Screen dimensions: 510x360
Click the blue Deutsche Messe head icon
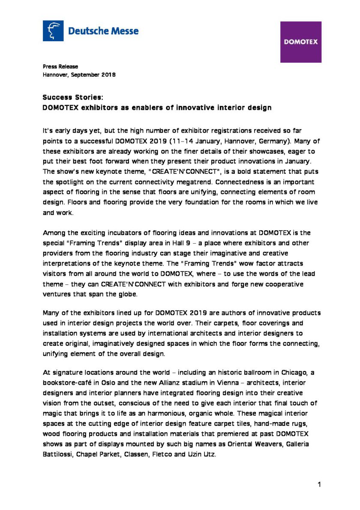[x=53, y=31]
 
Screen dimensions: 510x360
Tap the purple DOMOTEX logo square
[x=301, y=42]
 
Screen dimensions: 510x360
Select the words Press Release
[x=60, y=66]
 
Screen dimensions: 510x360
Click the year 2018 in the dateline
[x=108, y=74]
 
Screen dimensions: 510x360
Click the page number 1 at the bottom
[x=319, y=484]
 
